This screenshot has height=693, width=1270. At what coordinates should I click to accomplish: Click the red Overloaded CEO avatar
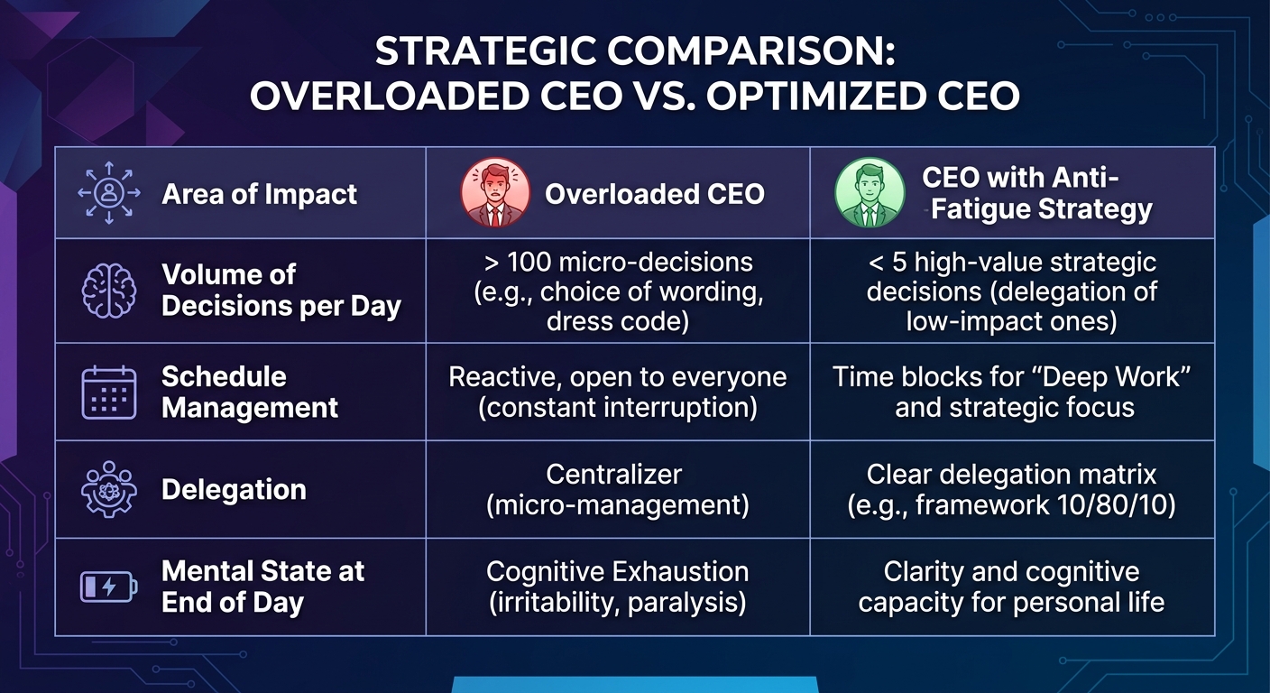pyautogui.click(x=495, y=193)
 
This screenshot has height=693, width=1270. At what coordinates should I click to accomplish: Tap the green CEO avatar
pyautogui.click(x=870, y=193)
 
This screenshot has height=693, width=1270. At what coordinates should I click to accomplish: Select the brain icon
pyautogui.click(x=109, y=291)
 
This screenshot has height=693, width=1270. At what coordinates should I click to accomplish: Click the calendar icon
pyautogui.click(x=109, y=393)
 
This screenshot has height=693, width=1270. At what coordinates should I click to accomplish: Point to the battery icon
pyautogui.click(x=109, y=587)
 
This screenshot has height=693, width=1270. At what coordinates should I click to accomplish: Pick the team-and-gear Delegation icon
pyautogui.click(x=109, y=489)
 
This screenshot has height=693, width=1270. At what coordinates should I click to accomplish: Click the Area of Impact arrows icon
pyautogui.click(x=109, y=193)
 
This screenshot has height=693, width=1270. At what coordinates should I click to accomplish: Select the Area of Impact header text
pyautogui.click(x=259, y=194)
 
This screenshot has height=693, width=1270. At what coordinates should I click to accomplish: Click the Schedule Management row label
pyautogui.click(x=250, y=392)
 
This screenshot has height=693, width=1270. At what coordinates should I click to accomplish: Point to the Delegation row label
pyautogui.click(x=234, y=489)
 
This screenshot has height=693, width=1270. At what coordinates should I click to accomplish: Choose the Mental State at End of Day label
pyautogui.click(x=262, y=587)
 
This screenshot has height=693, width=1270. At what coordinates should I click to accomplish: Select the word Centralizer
pyautogui.click(x=614, y=475)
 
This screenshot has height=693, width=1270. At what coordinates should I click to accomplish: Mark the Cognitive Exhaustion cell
pyautogui.click(x=618, y=587)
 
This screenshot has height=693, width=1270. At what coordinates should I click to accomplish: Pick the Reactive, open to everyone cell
pyautogui.click(x=618, y=392)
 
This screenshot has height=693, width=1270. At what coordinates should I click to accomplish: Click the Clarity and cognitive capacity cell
pyautogui.click(x=1011, y=587)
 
